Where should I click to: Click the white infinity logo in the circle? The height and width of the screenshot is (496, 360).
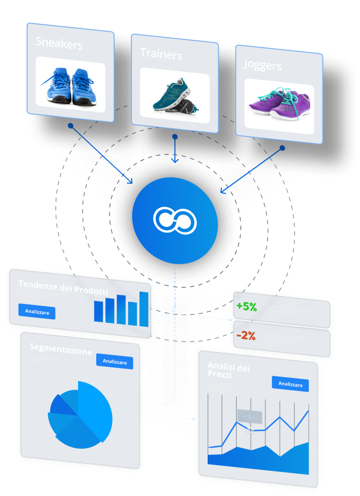point(175,219)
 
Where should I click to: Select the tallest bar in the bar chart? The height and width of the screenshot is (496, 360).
point(144,309)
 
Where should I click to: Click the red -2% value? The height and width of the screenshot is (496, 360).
point(246,335)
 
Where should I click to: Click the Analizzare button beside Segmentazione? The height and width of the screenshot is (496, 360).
point(115,362)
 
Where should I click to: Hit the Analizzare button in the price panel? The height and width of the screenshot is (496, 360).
point(290,384)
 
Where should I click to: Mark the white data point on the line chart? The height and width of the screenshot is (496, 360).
point(250,430)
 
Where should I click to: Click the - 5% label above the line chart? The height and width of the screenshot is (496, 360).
point(250,416)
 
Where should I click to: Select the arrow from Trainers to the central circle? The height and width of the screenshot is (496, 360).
point(175,149)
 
